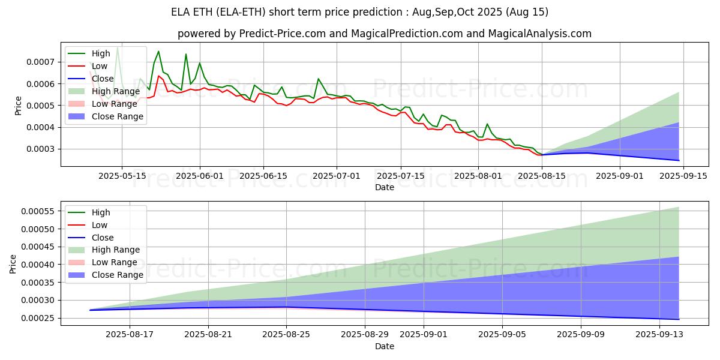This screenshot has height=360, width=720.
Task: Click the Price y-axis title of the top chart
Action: tap(18, 105)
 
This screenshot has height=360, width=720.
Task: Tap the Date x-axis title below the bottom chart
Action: tap(385, 346)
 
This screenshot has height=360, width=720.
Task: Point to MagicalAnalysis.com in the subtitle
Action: tap(540, 34)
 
